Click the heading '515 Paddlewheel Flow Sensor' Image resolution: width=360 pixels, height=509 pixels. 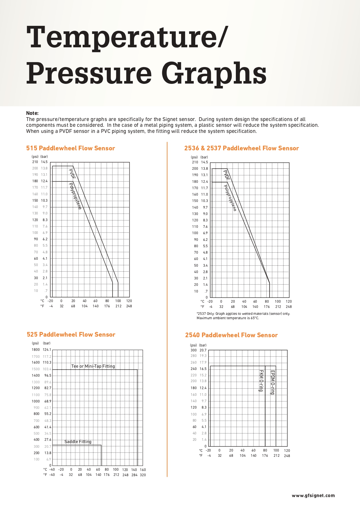point(70,148)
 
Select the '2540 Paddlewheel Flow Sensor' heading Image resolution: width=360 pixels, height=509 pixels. point(231,335)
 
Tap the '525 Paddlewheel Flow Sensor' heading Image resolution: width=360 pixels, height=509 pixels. point(71,335)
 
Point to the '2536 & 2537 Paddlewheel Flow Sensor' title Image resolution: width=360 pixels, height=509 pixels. point(241,148)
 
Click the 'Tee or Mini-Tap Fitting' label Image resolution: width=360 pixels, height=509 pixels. point(93,366)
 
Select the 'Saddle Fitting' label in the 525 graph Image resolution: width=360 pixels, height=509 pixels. point(78,442)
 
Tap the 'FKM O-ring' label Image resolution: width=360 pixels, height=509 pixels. point(261,381)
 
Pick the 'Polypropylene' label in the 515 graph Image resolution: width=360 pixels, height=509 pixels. point(75,196)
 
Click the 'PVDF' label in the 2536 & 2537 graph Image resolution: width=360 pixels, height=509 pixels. point(227,175)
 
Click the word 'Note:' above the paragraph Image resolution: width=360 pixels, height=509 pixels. point(32,113)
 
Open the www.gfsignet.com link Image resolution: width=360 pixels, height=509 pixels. point(313,495)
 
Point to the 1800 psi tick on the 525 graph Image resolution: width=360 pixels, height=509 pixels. point(36,350)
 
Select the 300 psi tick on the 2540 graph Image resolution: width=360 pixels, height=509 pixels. point(193,350)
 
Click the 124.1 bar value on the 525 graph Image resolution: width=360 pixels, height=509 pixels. point(47,350)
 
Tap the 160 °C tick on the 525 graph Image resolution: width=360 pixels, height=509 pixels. point(143,470)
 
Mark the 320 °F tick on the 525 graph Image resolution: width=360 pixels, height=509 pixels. point(143,475)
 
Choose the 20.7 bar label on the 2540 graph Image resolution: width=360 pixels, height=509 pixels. point(203,350)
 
